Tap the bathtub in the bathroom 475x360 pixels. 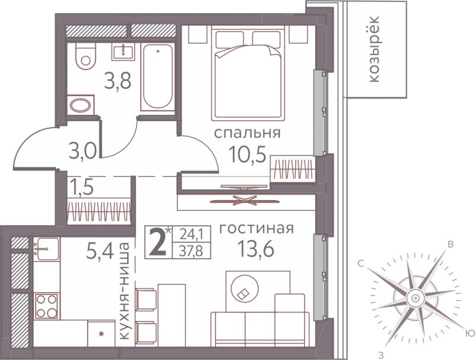tap(157, 77)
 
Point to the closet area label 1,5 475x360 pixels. tap(82, 187)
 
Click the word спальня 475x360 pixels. tap(247, 133)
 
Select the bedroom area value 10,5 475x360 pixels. tap(248, 154)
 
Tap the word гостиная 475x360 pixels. tap(256, 229)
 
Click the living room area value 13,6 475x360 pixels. tap(256, 249)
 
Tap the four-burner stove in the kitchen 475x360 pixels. tap(47, 306)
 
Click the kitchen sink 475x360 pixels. tap(47, 249)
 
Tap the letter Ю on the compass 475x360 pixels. tap(469, 333)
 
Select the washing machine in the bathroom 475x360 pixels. tap(80, 105)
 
